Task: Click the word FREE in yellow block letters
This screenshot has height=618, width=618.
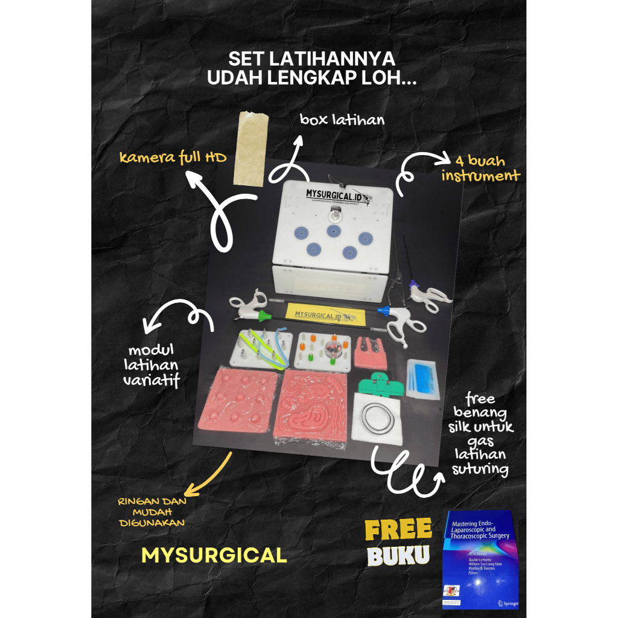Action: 398,530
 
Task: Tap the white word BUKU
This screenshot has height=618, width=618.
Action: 398,556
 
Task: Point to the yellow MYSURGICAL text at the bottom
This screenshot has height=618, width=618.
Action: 214,556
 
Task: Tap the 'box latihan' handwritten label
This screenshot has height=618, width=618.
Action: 342,119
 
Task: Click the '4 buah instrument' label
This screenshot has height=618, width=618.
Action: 480,168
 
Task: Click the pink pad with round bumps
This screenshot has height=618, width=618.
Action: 237,403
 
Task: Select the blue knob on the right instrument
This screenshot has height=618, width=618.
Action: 381,311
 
